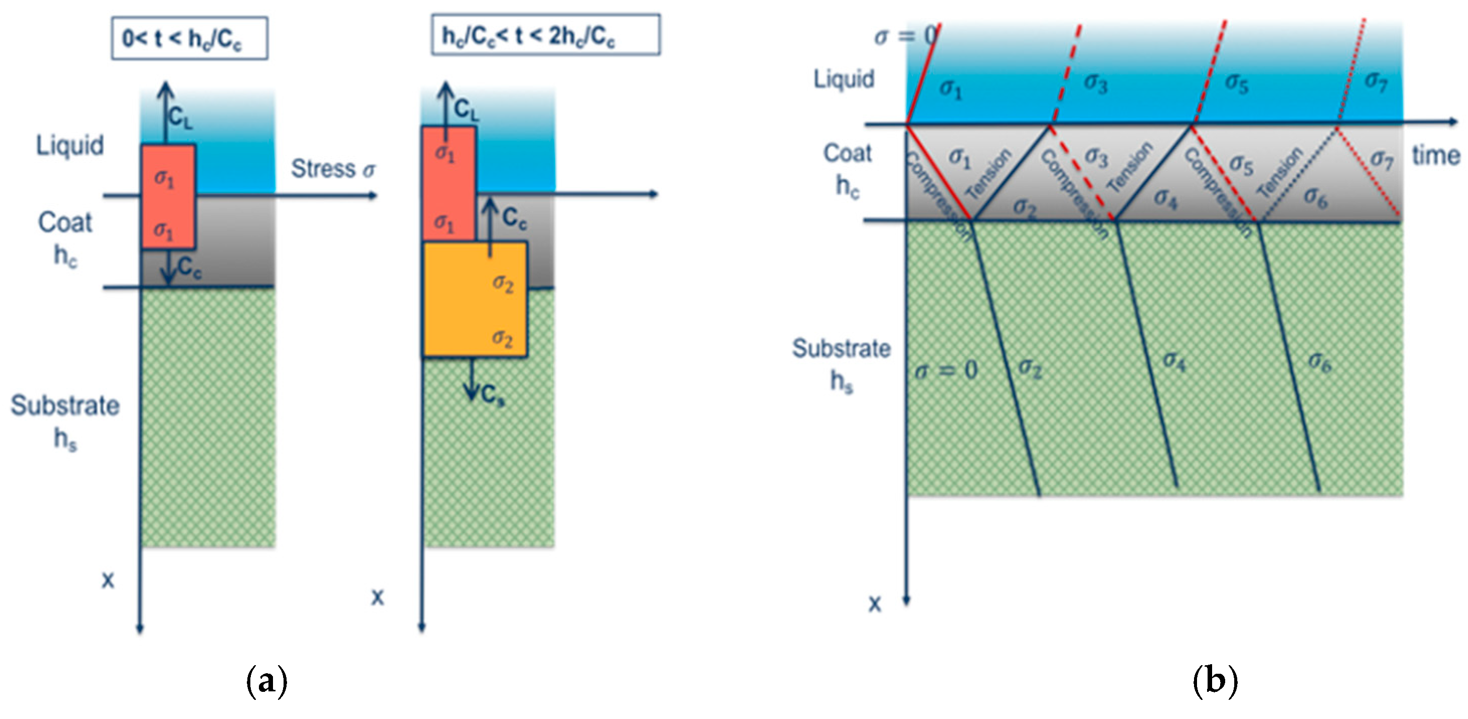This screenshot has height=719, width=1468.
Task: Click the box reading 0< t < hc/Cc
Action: (x=189, y=38)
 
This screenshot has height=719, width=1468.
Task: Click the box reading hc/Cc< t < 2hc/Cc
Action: (x=545, y=35)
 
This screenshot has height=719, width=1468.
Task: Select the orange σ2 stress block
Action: (x=474, y=299)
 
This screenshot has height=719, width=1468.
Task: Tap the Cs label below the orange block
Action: (x=492, y=395)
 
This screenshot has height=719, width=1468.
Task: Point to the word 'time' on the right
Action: (x=1435, y=155)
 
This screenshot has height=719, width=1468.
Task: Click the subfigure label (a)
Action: (x=266, y=680)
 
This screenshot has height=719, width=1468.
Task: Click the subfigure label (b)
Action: (x=1215, y=680)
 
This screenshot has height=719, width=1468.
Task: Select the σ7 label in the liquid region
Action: (x=1375, y=81)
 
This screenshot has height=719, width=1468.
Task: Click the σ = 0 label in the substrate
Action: (x=946, y=371)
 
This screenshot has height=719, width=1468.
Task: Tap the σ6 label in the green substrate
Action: (x=1320, y=361)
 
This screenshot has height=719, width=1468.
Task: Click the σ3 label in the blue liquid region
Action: (x=1095, y=83)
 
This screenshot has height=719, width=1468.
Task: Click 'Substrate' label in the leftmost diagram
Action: (x=65, y=406)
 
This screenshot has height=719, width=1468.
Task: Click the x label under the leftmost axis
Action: (x=108, y=580)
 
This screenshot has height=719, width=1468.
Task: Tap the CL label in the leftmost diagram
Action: (x=180, y=118)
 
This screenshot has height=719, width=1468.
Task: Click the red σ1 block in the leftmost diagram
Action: (x=168, y=197)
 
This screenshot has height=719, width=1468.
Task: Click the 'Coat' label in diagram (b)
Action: (x=848, y=153)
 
